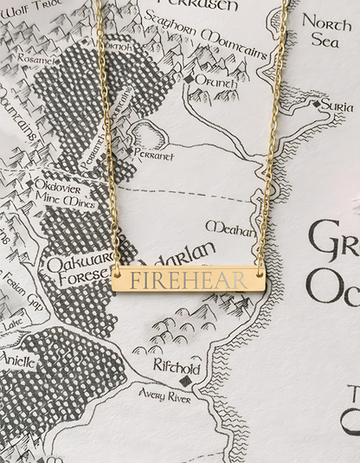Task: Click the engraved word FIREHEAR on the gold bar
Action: point(187,279)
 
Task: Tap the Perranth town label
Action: point(152,156)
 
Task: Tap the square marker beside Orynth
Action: point(189,80)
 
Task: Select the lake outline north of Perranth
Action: point(148,134)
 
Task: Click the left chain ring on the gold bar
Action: point(116,273)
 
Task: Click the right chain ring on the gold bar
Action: point(260,273)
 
